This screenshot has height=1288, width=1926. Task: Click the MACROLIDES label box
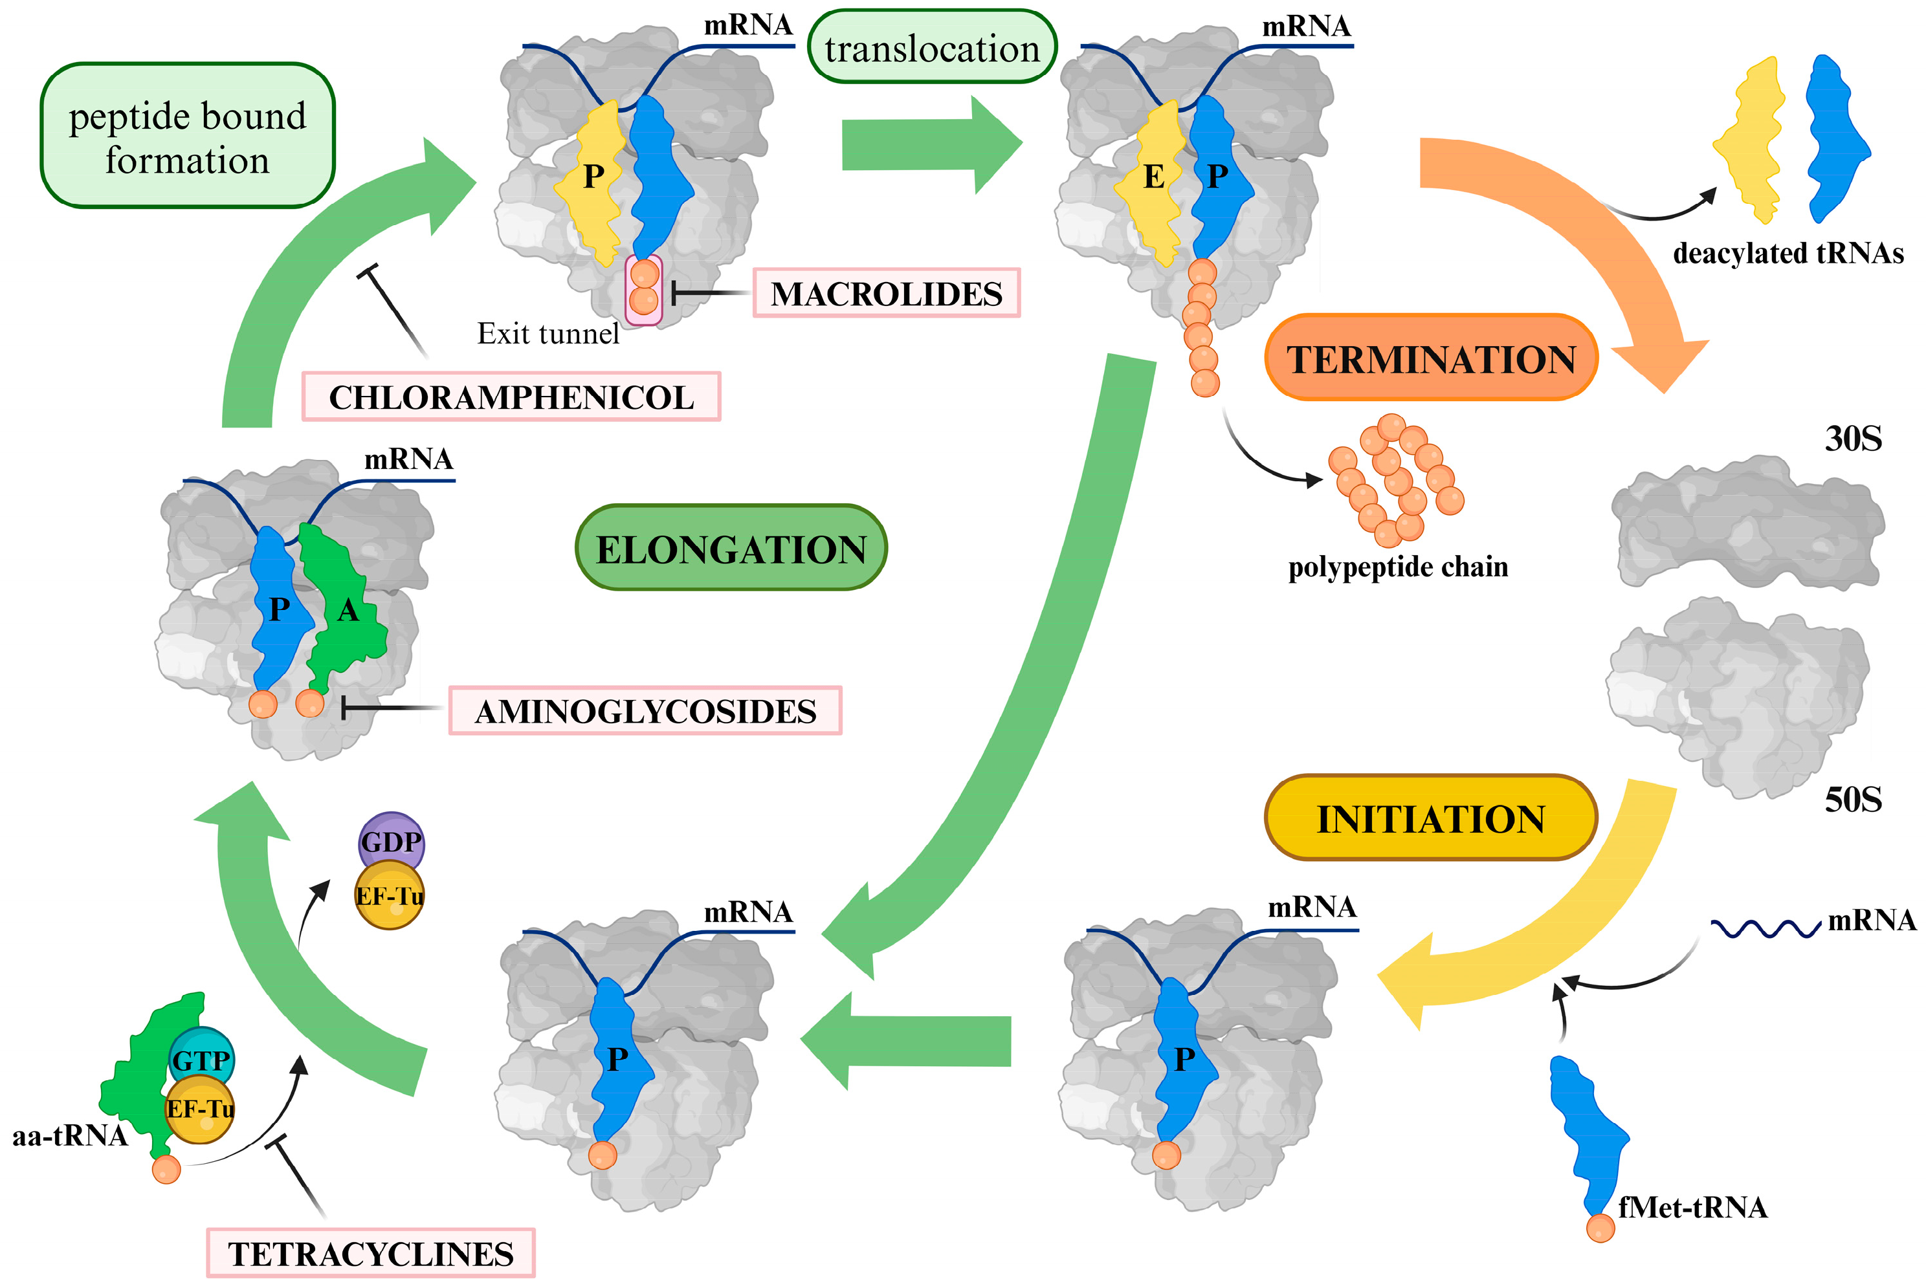(x=886, y=293)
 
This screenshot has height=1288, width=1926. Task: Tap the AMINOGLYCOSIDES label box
(x=645, y=710)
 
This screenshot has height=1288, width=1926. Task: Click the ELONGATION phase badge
(x=731, y=549)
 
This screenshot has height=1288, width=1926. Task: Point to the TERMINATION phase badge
(x=1430, y=359)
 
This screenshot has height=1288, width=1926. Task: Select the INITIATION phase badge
(x=1430, y=818)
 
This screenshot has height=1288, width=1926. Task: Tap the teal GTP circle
(x=201, y=1058)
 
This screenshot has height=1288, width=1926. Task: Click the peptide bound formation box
(x=187, y=136)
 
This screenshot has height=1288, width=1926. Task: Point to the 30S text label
(x=1853, y=439)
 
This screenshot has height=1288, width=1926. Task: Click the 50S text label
(x=1853, y=799)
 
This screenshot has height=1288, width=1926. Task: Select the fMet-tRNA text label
(x=1692, y=1206)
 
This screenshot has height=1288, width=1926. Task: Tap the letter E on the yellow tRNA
(x=1154, y=177)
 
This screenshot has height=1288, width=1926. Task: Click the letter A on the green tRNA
(x=348, y=609)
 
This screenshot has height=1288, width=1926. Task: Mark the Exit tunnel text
(x=548, y=334)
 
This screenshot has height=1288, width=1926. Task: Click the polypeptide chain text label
(x=1398, y=567)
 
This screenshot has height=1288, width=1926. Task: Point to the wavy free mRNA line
(x=1765, y=928)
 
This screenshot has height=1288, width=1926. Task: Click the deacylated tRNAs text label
(x=1788, y=253)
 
